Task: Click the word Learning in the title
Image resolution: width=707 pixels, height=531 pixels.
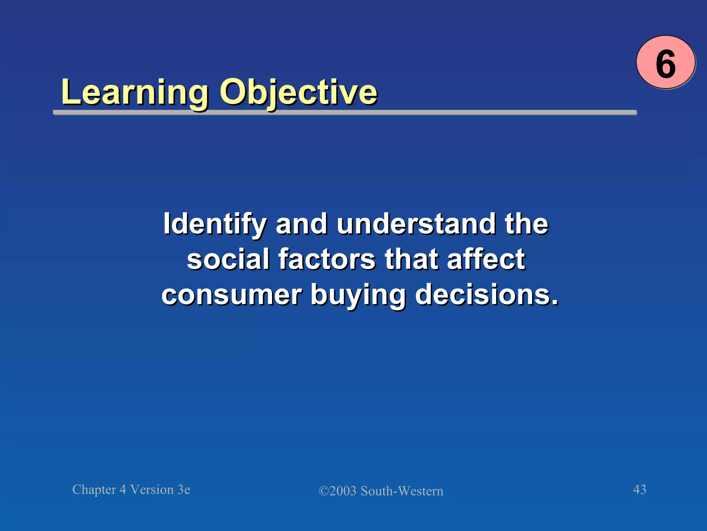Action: coord(135,92)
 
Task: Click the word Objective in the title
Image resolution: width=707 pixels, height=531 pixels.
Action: coord(298,92)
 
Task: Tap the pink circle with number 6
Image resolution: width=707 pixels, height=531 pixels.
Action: coord(665,62)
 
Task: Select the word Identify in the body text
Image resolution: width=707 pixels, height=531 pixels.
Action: coord(214,224)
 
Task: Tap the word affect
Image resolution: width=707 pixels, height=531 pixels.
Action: coord(486,259)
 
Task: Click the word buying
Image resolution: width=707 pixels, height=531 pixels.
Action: coord(358,295)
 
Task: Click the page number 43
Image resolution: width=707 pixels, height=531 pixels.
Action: coord(639,490)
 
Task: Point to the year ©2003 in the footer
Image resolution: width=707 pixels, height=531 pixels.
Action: coord(338,491)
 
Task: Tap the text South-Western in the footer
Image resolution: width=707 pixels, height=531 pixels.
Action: coord(402,491)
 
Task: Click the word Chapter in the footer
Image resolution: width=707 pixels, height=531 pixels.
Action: coord(94,490)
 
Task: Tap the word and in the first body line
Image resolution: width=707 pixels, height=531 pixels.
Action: coord(301,224)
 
